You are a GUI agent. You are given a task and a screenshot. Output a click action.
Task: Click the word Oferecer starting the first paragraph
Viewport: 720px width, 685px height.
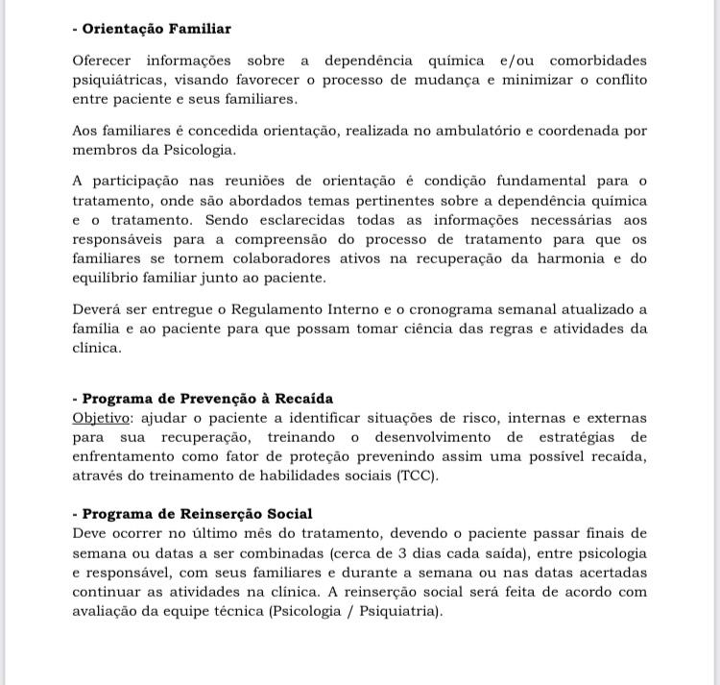click(104, 61)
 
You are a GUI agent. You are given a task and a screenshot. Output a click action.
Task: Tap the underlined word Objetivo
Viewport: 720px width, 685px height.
click(101, 418)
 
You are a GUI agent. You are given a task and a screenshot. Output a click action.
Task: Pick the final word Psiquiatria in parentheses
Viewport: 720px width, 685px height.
click(400, 611)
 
